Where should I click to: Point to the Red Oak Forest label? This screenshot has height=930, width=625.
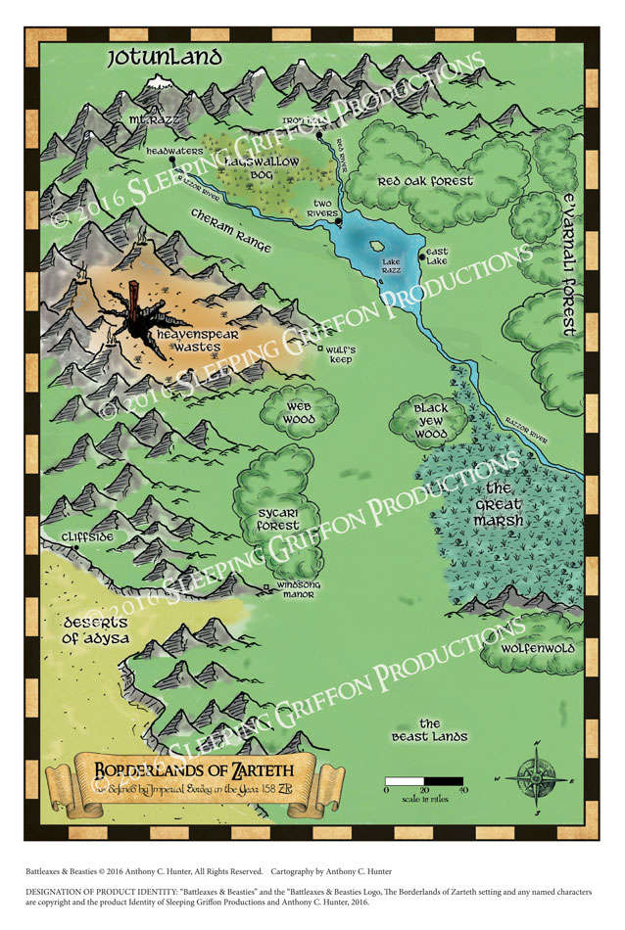425,181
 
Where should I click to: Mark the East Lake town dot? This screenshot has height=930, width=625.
422,257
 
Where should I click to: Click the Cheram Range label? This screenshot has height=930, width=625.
231,235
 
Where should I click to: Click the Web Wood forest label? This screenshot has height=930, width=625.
300,412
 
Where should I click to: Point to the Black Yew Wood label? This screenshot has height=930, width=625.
429,419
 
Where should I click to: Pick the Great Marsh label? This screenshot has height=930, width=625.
499,504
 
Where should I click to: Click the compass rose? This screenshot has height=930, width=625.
537,777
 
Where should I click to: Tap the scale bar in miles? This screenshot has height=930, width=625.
423,781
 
